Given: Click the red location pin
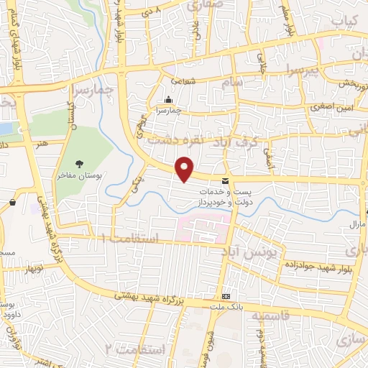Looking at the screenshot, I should pyautogui.click(x=185, y=169).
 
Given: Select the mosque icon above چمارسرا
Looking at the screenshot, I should pyautogui.click(x=167, y=100).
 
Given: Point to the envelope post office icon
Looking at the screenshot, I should pyautogui.click(x=225, y=180).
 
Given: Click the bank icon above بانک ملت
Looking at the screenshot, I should pyautogui.click(x=226, y=296).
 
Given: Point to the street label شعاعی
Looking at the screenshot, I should pyautogui.click(x=183, y=81).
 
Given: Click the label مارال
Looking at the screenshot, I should pyautogui.click(x=359, y=226).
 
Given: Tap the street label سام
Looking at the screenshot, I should pyautogui.click(x=239, y=85).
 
